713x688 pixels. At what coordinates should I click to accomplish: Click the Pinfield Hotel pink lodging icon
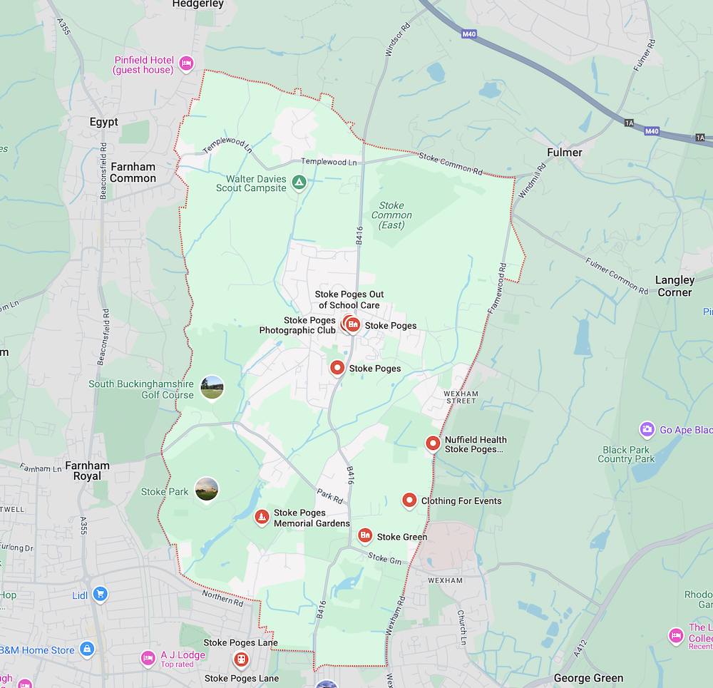186,63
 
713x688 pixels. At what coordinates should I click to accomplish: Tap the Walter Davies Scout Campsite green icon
299,183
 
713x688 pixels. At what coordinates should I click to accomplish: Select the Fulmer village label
564,153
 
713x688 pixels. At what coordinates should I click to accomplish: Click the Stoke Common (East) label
391,215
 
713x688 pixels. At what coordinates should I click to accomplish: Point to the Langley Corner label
674,286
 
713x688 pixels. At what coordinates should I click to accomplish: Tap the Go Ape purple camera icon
647,429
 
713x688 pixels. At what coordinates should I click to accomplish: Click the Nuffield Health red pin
433,443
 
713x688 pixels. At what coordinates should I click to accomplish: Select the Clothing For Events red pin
409,500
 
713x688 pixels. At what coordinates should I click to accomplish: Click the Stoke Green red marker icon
365,535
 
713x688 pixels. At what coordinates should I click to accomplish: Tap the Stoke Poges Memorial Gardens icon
262,516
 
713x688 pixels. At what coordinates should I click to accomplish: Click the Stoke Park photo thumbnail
207,489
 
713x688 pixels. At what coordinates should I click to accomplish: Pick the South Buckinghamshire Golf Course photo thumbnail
212,387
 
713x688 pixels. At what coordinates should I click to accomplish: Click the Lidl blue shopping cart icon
100,594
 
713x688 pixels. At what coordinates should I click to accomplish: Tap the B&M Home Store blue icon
87,649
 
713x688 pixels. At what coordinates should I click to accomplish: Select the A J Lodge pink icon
148,657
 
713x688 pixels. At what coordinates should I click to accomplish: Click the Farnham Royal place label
87,471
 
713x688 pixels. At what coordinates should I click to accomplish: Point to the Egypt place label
103,122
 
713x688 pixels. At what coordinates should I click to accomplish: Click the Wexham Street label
461,396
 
